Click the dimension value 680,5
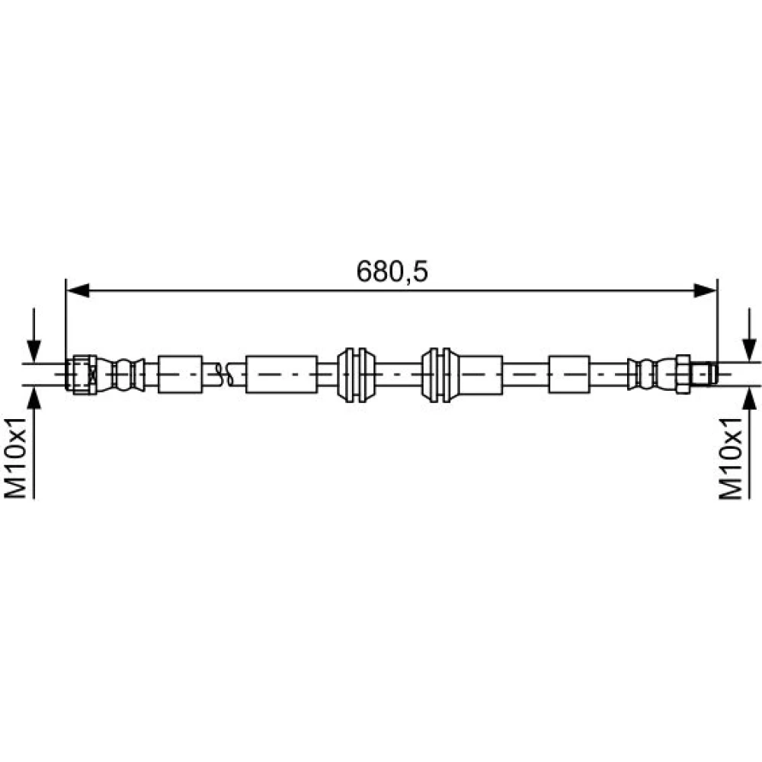pos(392,271)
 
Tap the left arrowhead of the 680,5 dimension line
pos(78,290)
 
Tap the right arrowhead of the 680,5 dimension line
pos(705,290)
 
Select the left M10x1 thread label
pos(15,458)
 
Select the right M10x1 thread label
pos(731,458)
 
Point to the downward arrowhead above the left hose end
pos(34,351)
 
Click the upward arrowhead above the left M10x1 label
pos(34,398)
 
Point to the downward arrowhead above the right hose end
pos(749,351)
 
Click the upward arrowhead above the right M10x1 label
pos(749,398)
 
